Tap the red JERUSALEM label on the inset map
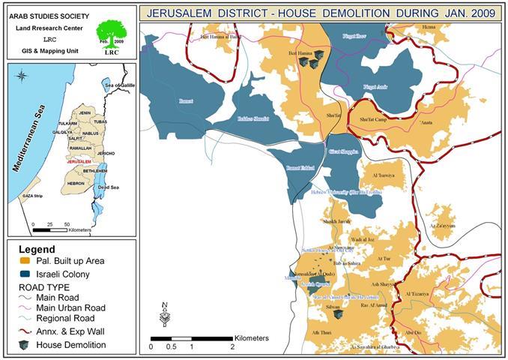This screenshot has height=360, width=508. point(79,161)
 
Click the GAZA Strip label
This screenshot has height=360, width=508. point(34,195)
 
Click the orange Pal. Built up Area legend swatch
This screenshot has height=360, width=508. point(25,261)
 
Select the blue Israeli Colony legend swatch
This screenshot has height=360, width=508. point(25,273)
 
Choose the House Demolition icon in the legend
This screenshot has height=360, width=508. point(25,344)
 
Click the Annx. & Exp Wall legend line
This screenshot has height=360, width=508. point(25,331)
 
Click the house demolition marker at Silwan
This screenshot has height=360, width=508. point(338,314)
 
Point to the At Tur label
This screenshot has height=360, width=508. point(384,258)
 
